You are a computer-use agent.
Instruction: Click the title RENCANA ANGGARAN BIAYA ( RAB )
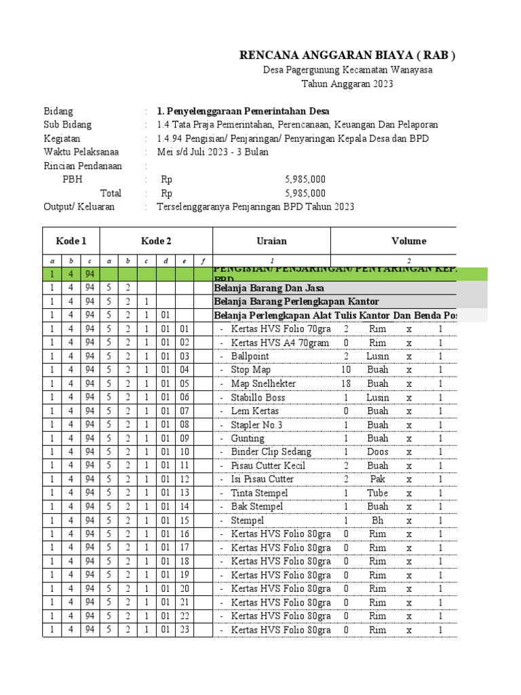click(347, 56)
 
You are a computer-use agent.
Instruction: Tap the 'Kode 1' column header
click(71, 241)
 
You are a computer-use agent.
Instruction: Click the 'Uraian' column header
click(271, 241)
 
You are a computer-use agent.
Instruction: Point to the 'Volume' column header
click(408, 241)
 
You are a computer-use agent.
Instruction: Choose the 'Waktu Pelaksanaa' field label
click(78, 152)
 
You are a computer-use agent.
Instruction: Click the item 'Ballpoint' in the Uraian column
click(250, 356)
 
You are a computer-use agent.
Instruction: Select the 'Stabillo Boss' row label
click(258, 398)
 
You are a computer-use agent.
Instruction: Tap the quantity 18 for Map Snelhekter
click(346, 383)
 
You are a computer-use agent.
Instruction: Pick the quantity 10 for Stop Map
click(346, 370)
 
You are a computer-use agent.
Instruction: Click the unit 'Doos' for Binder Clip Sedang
click(378, 452)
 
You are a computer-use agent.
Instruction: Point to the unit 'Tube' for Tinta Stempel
click(378, 493)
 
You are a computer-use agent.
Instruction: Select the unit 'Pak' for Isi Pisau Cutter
click(378, 479)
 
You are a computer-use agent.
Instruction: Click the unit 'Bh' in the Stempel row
click(378, 521)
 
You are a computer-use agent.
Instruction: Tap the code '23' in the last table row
click(185, 630)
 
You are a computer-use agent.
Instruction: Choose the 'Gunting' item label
click(248, 438)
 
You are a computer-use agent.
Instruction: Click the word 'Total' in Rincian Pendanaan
click(111, 193)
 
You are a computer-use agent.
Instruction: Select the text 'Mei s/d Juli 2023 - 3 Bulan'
click(212, 152)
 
